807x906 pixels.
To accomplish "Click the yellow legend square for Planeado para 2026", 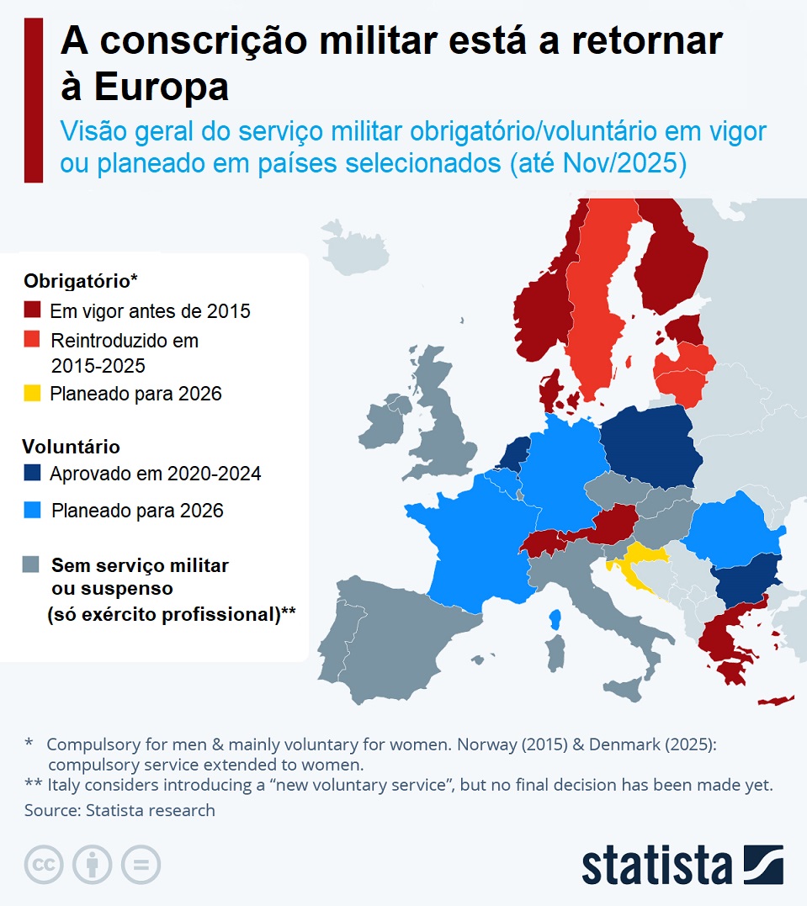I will pos(32,393).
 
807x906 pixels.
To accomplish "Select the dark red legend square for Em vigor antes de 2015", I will pos(32,310).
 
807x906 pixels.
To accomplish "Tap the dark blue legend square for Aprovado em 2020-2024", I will pos(32,473).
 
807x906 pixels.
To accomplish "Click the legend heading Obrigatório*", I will pos(81,280).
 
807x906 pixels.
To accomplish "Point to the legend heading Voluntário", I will pos(72,446).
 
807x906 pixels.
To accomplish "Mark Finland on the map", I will pos(669,261).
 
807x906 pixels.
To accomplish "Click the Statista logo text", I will pos(656,866).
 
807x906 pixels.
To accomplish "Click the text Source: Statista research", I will pos(119,810).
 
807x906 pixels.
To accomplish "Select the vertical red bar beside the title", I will pos(33,101).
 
